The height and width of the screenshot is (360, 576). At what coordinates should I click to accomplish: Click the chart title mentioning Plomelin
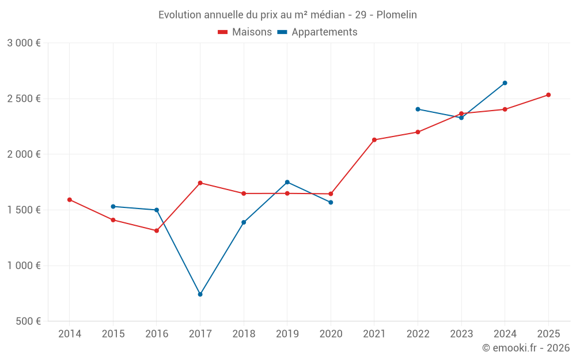click(x=287, y=15)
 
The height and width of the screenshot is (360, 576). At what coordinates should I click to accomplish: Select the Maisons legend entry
click(x=245, y=32)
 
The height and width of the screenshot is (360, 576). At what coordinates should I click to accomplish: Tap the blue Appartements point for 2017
click(x=200, y=294)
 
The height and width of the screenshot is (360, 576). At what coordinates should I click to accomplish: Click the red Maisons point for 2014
click(x=70, y=200)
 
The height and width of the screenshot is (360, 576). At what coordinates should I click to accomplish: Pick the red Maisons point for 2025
click(x=548, y=95)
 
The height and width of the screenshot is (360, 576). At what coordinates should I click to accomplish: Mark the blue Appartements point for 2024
click(x=505, y=83)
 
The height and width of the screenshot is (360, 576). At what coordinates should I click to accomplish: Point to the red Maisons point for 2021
click(x=374, y=140)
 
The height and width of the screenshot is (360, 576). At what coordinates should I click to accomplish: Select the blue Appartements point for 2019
click(x=287, y=182)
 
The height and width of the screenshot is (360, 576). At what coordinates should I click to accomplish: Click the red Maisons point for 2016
click(x=157, y=231)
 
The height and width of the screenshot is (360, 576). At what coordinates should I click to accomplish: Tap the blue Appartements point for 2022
click(x=418, y=109)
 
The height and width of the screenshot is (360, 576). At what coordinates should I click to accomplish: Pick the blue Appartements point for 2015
click(x=113, y=206)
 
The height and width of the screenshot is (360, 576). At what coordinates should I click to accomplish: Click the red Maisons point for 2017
click(x=200, y=183)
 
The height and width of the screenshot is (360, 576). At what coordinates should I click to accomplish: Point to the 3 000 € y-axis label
click(x=24, y=43)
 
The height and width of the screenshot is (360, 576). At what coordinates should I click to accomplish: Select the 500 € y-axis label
click(x=28, y=321)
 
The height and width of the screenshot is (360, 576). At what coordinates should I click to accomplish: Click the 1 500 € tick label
click(x=24, y=210)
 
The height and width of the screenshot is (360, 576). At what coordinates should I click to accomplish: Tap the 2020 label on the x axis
click(x=331, y=334)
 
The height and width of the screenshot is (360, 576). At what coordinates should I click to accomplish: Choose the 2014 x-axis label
click(x=70, y=334)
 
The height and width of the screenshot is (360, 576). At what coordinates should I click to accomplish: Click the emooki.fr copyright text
click(x=526, y=348)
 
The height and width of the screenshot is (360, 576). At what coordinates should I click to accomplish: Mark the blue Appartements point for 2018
click(x=244, y=222)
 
